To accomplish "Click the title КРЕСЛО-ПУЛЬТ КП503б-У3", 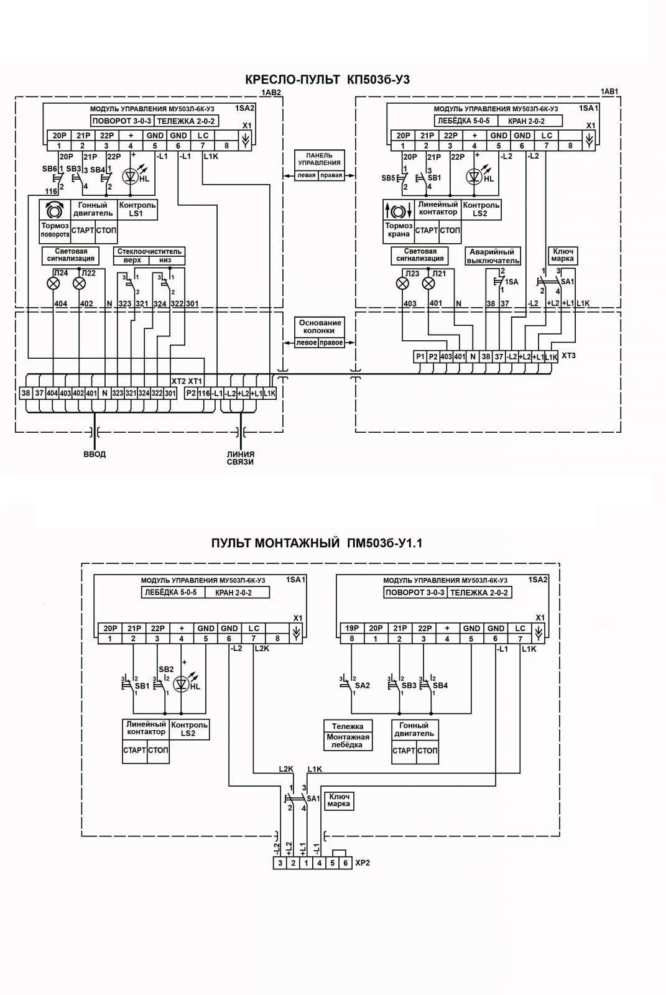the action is (x=328, y=80).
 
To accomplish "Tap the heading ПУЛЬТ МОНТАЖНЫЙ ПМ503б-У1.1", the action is (x=317, y=544).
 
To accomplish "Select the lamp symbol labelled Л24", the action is (x=53, y=284).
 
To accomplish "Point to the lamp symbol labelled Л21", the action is (x=428, y=284).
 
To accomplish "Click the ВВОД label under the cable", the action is (x=95, y=455).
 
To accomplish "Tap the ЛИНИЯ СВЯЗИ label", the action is (x=241, y=458).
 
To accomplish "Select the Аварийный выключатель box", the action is (x=493, y=256).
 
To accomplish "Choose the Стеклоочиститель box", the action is (x=149, y=256).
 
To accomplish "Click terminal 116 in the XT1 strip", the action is (x=204, y=393).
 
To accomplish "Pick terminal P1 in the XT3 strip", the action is (x=420, y=357).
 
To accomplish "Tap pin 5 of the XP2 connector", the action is (x=333, y=863).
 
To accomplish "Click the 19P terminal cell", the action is (x=352, y=629).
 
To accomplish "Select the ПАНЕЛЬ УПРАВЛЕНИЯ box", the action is (x=320, y=165).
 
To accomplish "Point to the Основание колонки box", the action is (x=320, y=332).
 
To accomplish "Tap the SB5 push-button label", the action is (x=388, y=178).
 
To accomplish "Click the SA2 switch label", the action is (x=363, y=685).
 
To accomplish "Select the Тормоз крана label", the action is (x=399, y=230).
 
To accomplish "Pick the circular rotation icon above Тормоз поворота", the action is (x=53, y=210).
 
